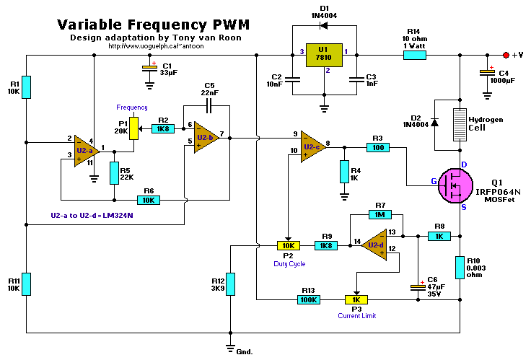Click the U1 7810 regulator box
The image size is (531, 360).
(323, 55)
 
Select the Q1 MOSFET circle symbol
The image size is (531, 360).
(452, 186)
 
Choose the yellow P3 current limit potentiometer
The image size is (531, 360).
(356, 299)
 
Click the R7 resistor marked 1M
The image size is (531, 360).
(379, 214)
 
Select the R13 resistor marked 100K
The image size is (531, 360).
(310, 299)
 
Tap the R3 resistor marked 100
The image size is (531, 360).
(377, 147)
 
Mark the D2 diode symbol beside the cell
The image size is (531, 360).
(435, 123)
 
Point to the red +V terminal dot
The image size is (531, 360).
(506, 55)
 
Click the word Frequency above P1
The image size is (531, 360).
(133, 107)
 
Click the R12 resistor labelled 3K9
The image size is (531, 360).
(230, 284)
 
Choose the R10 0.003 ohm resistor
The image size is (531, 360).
(459, 267)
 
